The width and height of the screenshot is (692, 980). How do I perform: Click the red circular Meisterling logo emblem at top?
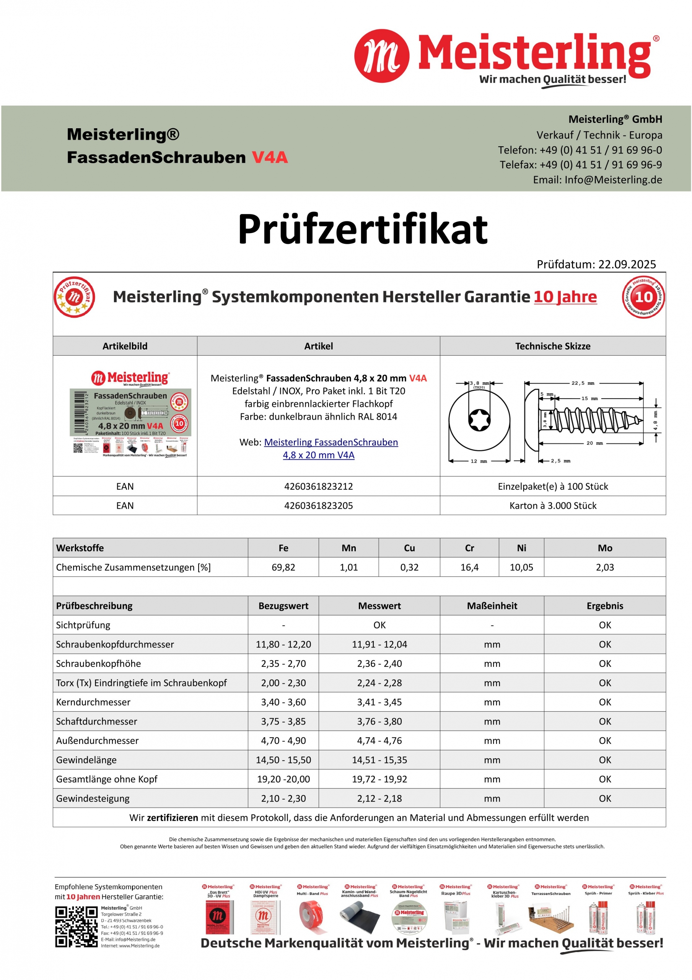click(x=381, y=56)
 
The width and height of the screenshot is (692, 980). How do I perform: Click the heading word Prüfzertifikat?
click(x=363, y=229)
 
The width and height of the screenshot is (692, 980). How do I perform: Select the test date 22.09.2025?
click(x=627, y=264)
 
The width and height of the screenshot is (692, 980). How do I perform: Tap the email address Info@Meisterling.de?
click(x=613, y=180)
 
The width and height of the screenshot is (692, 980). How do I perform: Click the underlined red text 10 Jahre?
click(x=565, y=297)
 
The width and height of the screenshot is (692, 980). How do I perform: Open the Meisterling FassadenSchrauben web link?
click(x=331, y=442)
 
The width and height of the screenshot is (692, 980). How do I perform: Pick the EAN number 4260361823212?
click(x=318, y=486)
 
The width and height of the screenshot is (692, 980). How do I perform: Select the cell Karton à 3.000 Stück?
click(x=552, y=505)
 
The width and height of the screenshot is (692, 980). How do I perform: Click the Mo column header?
click(x=604, y=548)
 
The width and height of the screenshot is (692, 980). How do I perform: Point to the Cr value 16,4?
click(x=469, y=567)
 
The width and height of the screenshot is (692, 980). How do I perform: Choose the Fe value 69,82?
click(x=283, y=567)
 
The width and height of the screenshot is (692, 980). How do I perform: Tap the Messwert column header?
click(x=379, y=606)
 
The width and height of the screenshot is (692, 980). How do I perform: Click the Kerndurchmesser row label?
click(x=93, y=702)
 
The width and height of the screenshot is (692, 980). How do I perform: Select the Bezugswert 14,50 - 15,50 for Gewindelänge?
click(x=283, y=760)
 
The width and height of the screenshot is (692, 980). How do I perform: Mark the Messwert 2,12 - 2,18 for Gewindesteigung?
click(x=379, y=798)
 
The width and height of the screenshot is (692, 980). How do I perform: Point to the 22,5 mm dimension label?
click(x=583, y=383)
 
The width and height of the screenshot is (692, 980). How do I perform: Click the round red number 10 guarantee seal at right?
click(x=643, y=297)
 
